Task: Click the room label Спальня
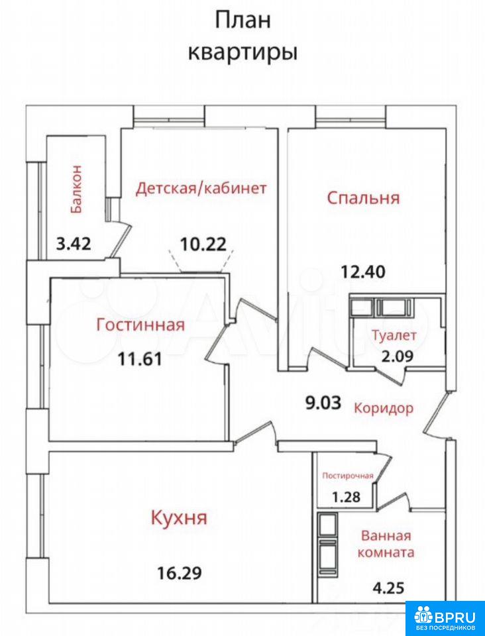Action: pos(363,198)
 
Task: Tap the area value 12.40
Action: pos(362,272)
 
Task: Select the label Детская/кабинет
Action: pos(201,189)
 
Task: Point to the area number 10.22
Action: pos(203,244)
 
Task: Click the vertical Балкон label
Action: pos(77,189)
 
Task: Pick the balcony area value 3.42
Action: pos(74,244)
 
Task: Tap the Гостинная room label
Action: pos(140,325)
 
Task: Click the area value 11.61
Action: pos(140,358)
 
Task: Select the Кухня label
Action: pos(179,518)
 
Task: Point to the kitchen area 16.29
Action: pos(180,573)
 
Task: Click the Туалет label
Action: pos(394,335)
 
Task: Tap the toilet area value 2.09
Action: pos(397,356)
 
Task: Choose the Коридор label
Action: pos(384,407)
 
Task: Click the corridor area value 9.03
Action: pos(323,403)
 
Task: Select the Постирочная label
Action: pos(348,476)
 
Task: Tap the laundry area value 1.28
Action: pos(345,496)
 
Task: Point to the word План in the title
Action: pos(242,21)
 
